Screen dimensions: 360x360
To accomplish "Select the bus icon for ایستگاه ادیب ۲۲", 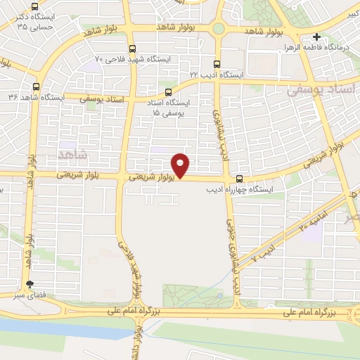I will [217, 62].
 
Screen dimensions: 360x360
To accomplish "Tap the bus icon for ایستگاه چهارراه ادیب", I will [240, 179].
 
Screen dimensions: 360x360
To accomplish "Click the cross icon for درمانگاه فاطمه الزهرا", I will [317, 37].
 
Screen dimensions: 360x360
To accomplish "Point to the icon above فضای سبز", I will [29, 285].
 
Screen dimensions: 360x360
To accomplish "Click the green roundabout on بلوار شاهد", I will [219, 29].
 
